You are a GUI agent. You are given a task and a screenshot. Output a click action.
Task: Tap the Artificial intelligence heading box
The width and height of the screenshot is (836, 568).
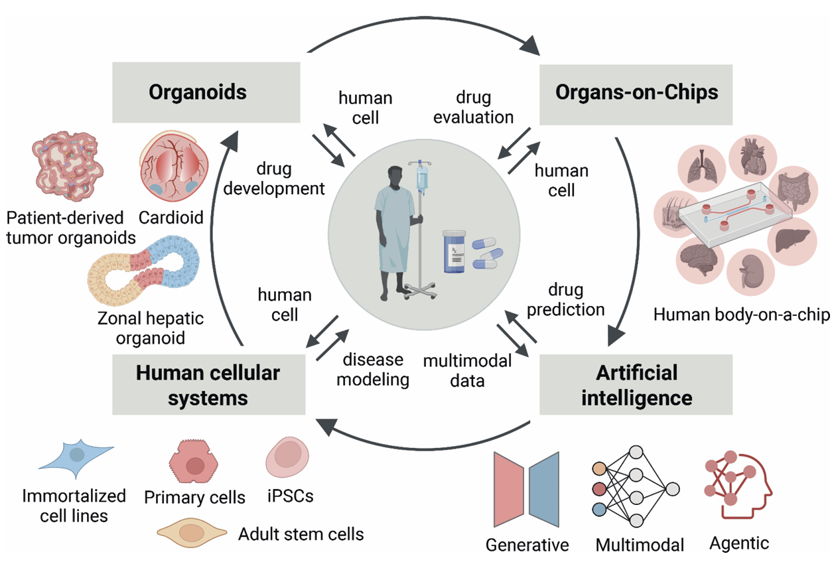click(x=636, y=385)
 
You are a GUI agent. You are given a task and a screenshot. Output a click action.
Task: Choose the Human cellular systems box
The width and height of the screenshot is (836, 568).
click(x=208, y=385)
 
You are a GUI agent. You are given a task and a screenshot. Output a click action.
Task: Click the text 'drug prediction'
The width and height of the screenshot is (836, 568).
click(x=566, y=300)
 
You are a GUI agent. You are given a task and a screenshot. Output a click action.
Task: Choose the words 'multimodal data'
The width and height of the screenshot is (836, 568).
click(x=467, y=370)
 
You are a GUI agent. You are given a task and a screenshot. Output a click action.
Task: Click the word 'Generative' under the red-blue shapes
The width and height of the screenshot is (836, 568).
click(x=527, y=545)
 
